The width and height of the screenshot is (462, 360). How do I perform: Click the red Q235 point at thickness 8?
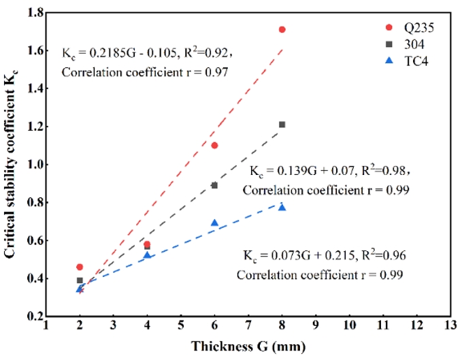point(282,29)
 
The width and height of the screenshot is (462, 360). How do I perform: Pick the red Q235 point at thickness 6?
point(214,145)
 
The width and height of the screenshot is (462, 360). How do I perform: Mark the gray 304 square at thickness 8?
point(282,125)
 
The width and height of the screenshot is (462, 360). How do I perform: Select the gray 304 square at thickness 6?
point(214,185)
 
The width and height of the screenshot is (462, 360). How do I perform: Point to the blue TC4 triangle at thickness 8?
point(282,207)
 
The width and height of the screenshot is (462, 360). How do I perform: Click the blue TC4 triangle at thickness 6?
point(214,223)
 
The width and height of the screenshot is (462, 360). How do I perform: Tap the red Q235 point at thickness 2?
point(80,267)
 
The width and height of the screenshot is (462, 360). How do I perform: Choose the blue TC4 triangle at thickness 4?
point(147,255)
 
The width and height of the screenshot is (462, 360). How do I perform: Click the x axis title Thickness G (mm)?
point(248,346)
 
